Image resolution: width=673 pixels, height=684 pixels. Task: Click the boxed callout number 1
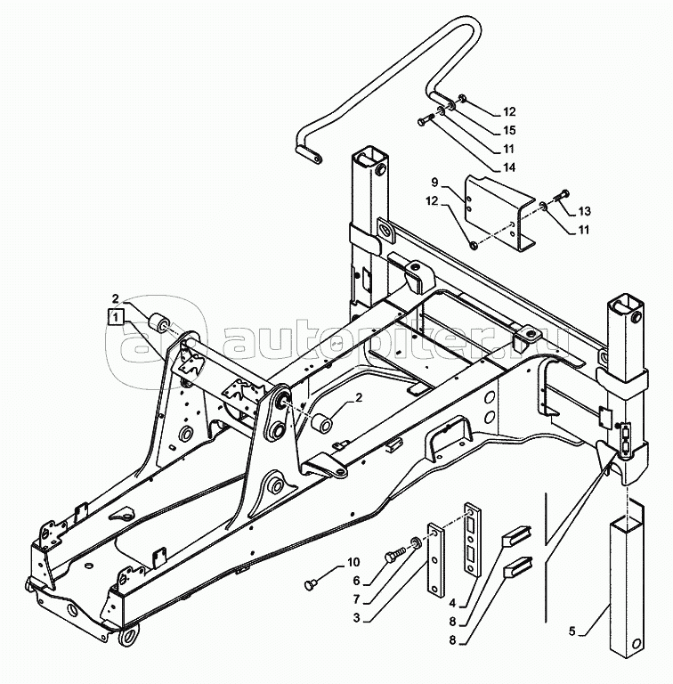coord(116,317)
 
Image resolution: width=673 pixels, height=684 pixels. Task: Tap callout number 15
coord(508,130)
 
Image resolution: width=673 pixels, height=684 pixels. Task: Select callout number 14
coord(508,167)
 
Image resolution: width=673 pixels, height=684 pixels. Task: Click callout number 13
coord(584,211)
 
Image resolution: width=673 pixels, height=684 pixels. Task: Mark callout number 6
coord(357,581)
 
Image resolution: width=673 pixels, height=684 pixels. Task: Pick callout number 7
coord(357,599)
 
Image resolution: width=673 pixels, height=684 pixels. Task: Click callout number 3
coord(357,618)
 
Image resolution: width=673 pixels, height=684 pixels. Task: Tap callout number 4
coord(452,603)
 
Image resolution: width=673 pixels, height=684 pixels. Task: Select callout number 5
coord(572,631)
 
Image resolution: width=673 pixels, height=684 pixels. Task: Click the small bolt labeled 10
coord(311,582)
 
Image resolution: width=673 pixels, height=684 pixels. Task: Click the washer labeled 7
coord(415,542)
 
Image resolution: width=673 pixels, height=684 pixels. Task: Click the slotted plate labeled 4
coord(473,539)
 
